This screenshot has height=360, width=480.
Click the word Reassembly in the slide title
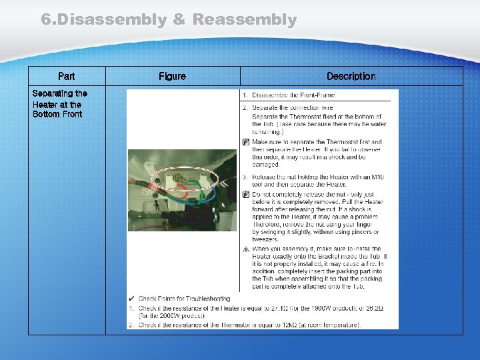[x=244, y=20]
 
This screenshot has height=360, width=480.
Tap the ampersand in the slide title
[x=179, y=20]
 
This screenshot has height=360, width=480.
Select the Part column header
[x=67, y=77]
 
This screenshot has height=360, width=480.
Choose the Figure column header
[x=172, y=77]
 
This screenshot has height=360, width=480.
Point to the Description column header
[x=351, y=77]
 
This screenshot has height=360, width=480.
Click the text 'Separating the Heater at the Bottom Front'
[x=59, y=104]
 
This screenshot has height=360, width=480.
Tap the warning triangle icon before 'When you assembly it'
[x=245, y=249]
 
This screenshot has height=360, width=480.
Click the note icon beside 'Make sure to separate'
[x=245, y=142]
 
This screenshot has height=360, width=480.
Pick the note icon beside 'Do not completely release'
[x=245, y=194]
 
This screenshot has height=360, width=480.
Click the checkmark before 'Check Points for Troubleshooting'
[x=132, y=299]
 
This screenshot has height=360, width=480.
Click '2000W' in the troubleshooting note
[x=166, y=316]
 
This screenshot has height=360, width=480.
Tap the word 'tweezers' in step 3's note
[x=265, y=239]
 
